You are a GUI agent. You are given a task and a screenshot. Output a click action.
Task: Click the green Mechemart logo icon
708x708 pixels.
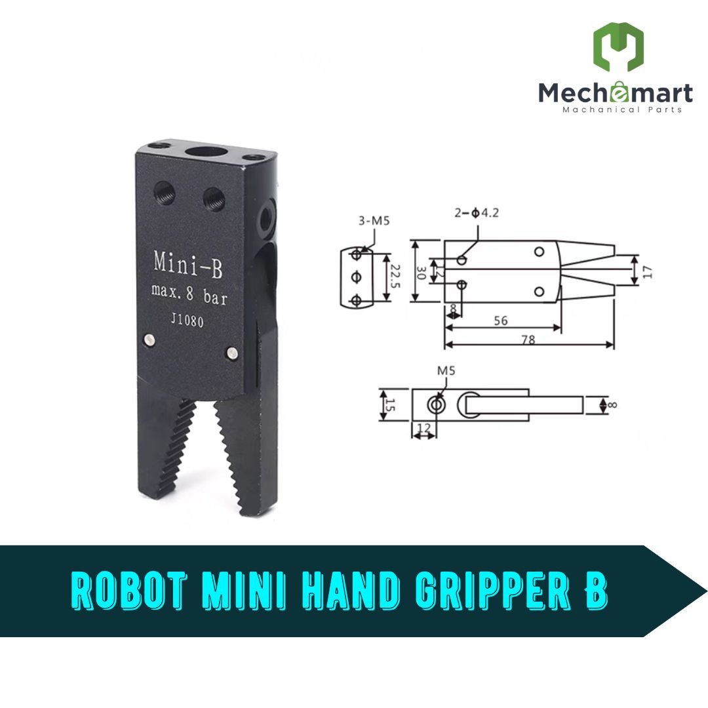tap(618, 47)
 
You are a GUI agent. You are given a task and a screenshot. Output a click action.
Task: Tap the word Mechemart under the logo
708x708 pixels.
tap(615, 92)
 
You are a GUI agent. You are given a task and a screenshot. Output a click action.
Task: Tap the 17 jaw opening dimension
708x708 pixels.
tap(648, 271)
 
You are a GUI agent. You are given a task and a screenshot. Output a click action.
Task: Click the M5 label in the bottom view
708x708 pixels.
tap(446, 371)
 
